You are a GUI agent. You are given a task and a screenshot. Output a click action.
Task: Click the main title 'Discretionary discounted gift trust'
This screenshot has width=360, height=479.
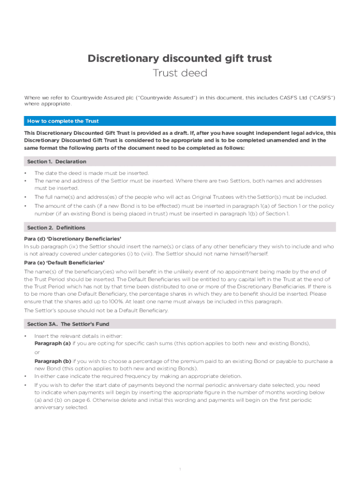180,58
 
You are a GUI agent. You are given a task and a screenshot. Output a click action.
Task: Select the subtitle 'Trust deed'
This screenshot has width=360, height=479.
180,73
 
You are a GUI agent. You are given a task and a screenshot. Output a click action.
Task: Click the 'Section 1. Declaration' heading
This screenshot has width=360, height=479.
57,161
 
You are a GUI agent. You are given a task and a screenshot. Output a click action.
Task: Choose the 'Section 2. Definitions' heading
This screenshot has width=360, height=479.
56,228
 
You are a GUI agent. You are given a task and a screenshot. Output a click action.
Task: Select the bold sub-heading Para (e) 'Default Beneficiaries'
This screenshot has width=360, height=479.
65,262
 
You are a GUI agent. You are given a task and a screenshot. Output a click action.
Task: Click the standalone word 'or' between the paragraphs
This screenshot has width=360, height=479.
37,352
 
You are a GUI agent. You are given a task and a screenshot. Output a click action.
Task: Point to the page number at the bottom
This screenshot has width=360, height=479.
180,468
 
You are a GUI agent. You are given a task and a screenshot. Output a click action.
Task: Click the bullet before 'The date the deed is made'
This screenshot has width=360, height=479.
26,173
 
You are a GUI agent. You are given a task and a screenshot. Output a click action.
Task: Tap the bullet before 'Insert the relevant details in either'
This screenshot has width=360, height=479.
26,336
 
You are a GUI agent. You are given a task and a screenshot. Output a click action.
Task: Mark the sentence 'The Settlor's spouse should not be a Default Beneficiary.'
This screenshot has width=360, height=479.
96,310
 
